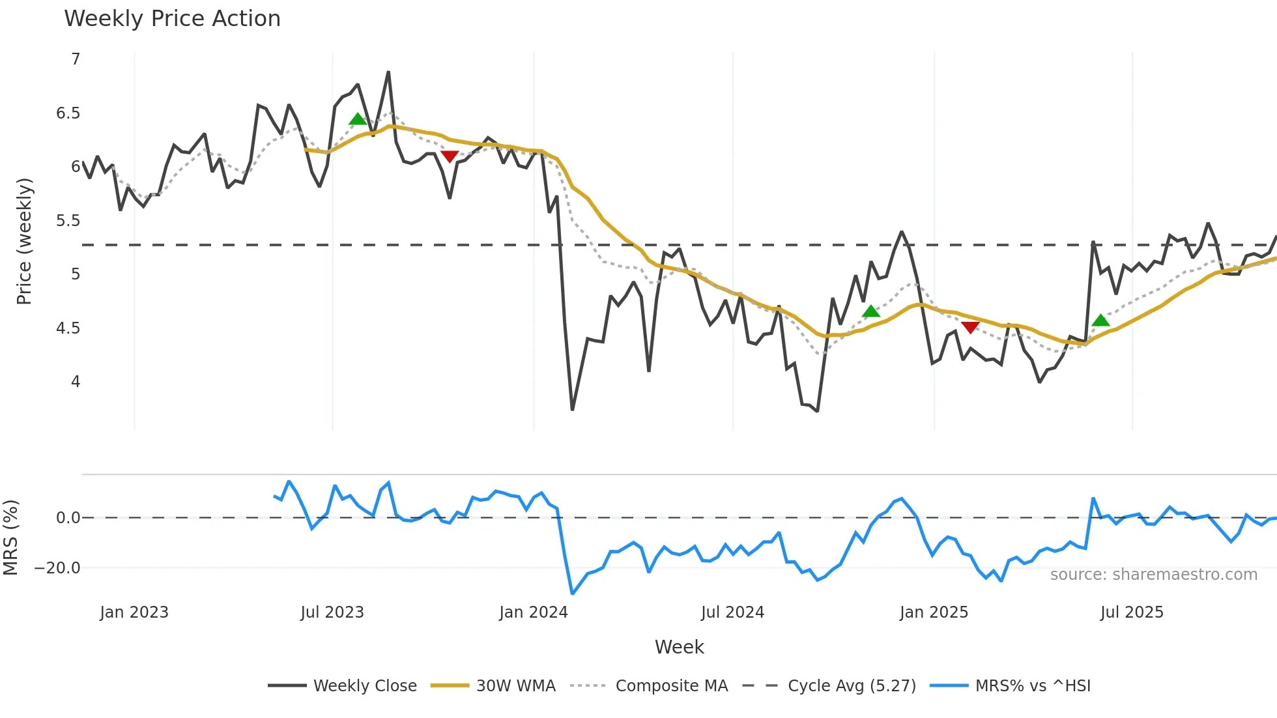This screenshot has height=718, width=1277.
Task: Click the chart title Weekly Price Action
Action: pos(172,19)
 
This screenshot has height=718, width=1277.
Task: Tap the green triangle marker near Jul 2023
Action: pos(358,119)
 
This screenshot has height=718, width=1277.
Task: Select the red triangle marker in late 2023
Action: pos(450,156)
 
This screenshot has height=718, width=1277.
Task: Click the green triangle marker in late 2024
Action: pos(871,311)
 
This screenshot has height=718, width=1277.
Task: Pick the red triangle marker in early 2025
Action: pos(970,327)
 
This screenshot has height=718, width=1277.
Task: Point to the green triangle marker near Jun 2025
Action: pos(1100,320)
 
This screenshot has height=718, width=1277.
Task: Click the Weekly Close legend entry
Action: pos(343,685)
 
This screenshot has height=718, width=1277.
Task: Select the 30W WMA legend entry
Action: pos(493,685)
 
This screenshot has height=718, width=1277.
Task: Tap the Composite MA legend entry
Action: pos(649,685)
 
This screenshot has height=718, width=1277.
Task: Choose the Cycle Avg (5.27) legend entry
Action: pos(829,685)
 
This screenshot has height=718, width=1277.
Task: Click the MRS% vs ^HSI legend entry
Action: pos(1011,685)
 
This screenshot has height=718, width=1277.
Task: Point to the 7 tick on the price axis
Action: pos(76,59)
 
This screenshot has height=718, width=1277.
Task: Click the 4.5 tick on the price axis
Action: pos(68,328)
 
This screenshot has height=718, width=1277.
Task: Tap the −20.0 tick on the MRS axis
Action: pos(57,568)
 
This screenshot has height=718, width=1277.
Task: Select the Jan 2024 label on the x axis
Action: pos(534,612)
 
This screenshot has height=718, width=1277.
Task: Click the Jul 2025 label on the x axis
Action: pos(1132,612)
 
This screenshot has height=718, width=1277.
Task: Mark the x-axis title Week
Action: pos(679,647)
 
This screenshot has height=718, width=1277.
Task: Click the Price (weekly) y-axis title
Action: pos(24,241)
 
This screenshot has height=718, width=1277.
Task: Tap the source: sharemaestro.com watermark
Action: pos(1153,575)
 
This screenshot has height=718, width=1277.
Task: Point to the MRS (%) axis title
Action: pos(11,538)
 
